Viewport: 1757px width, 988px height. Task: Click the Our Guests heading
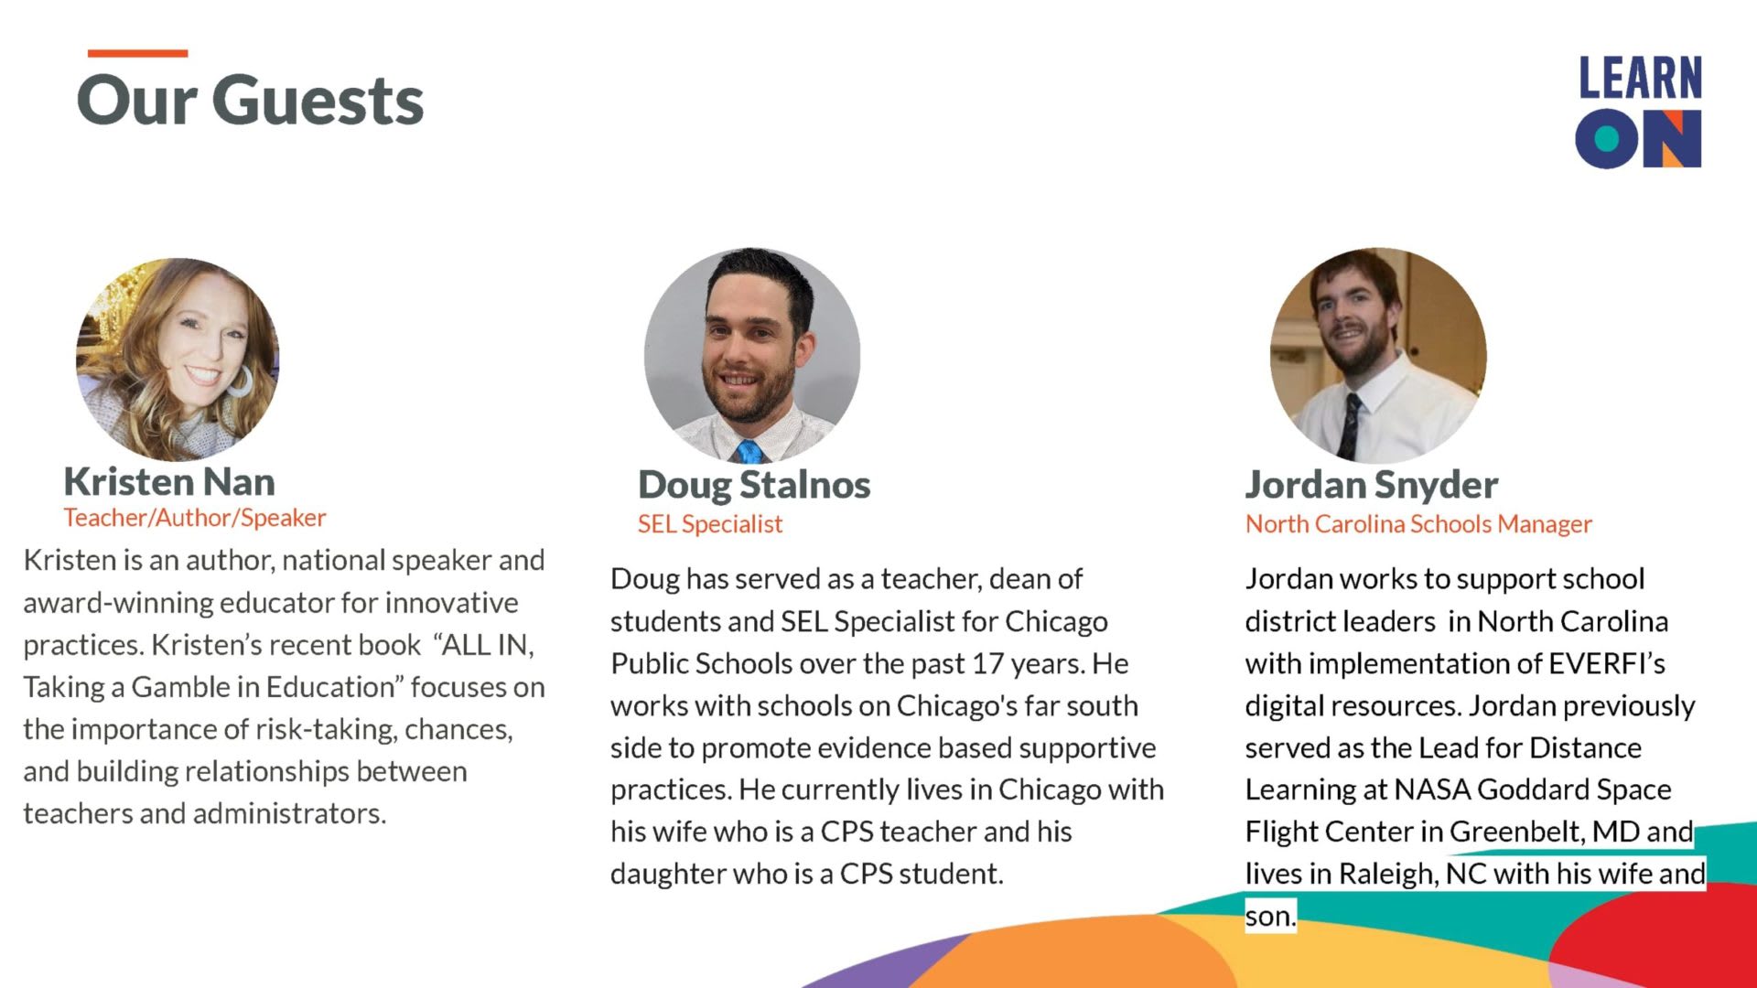click(x=251, y=100)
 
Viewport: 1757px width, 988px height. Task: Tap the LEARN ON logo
click(x=1638, y=112)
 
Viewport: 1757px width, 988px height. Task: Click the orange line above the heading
click(x=137, y=53)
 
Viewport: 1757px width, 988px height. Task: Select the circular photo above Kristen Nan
click(x=178, y=359)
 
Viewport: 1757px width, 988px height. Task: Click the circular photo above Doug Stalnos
click(x=752, y=355)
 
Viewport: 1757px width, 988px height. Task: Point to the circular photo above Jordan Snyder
click(x=1378, y=355)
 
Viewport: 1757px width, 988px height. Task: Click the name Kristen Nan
click(x=169, y=481)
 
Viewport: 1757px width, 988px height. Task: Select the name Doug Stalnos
click(x=754, y=485)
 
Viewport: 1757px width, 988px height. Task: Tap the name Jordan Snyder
click(x=1372, y=485)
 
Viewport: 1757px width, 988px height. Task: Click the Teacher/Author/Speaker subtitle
click(x=195, y=518)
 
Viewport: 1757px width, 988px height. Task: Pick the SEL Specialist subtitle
click(x=710, y=524)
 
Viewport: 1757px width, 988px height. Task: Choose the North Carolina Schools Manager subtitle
click(x=1418, y=524)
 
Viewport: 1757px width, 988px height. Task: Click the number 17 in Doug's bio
click(x=987, y=663)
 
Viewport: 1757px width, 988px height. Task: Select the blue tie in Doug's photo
click(x=749, y=451)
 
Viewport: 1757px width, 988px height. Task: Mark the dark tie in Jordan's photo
click(x=1350, y=425)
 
